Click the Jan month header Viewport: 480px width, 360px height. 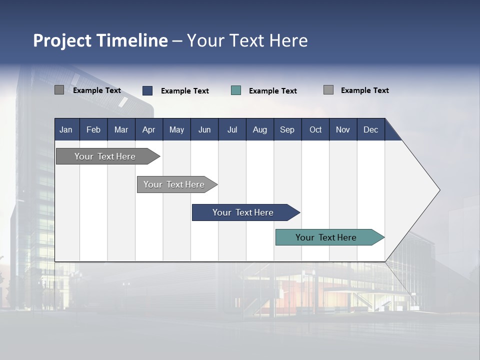coord(66,129)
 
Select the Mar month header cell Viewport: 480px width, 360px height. coord(121,129)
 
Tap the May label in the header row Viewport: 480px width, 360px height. coord(176,129)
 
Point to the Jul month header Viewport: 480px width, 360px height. coord(232,129)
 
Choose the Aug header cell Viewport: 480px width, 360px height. coord(260,129)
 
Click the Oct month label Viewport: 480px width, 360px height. coord(315,129)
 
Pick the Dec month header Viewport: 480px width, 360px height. coord(370,129)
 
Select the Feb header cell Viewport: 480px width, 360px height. coord(93,129)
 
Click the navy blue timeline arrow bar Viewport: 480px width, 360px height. coord(243,212)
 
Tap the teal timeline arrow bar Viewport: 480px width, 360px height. coord(326,237)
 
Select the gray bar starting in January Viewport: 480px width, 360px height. coord(105,156)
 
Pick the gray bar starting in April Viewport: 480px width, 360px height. coord(174,184)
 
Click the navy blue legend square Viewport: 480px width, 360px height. coord(147,90)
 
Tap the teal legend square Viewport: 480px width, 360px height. coord(236,90)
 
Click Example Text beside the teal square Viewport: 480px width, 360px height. coord(273,90)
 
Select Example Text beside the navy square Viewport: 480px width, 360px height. coord(185,90)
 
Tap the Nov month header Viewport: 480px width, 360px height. coord(343,129)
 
